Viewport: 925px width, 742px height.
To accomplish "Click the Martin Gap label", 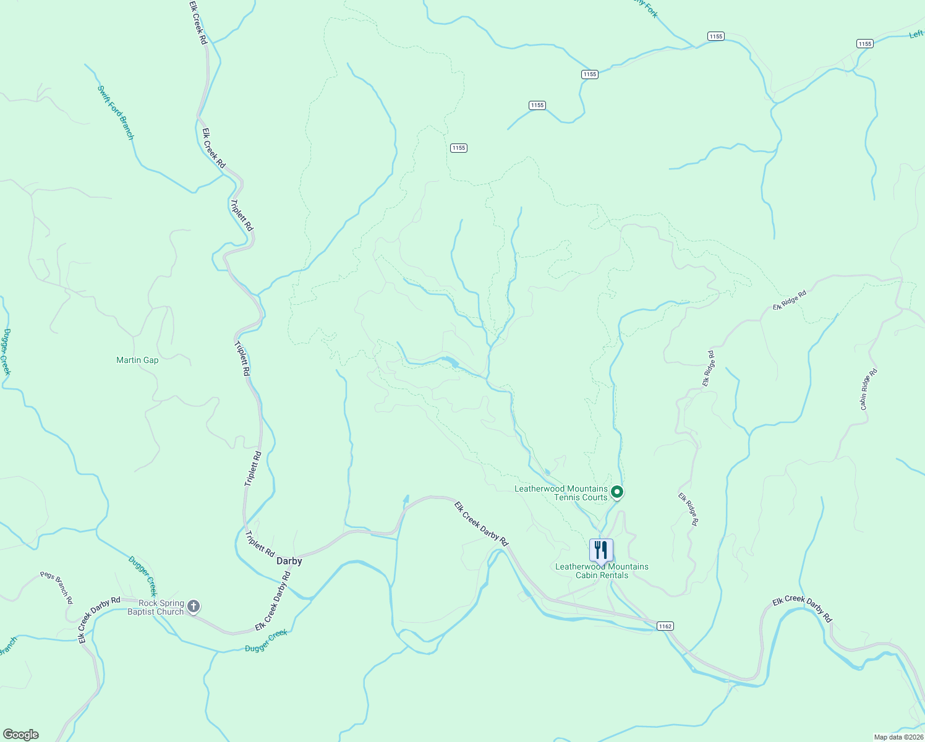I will pos(137,360).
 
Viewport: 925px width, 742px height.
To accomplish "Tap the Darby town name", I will pos(289,561).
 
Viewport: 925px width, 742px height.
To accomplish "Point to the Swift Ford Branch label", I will pos(116,112).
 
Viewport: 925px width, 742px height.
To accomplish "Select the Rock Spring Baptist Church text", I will pos(156,607).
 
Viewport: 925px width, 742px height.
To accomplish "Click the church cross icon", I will pos(194,607).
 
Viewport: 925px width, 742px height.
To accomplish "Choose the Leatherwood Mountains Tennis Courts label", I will pos(561,493).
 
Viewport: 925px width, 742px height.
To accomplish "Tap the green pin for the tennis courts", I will pos(616,492).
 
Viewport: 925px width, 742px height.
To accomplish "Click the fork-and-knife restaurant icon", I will pos(601,550).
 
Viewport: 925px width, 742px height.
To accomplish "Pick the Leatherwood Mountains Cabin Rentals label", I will pos(602,571).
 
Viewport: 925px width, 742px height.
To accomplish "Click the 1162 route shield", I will pos(665,626).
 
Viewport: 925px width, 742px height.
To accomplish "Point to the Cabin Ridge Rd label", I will pos(869,389).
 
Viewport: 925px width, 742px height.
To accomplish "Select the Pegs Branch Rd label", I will pos(56,587).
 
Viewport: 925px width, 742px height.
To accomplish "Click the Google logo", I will pos(20,735).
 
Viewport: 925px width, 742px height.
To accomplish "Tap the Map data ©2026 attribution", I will pos(897,737).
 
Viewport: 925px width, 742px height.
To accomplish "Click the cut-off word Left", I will pos(916,35).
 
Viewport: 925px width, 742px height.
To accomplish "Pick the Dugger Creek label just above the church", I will pos(143,576).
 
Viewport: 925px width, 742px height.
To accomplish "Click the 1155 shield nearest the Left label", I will pos(864,43).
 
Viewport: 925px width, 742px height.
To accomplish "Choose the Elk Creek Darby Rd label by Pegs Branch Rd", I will pos(99,620).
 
